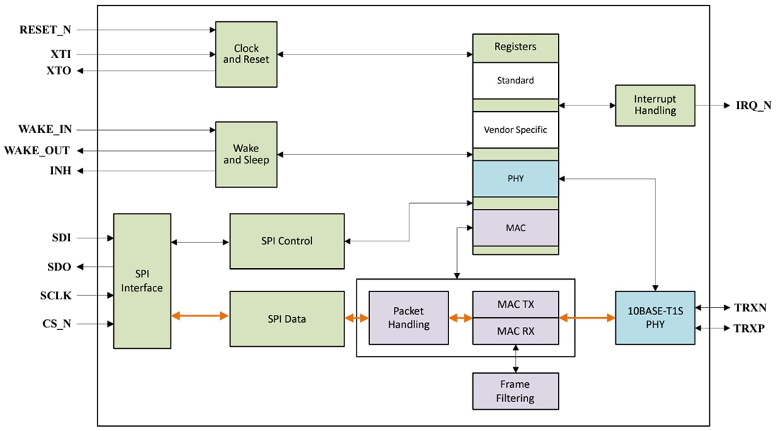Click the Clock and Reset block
(x=246, y=54)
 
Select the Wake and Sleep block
(x=246, y=154)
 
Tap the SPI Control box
(x=286, y=241)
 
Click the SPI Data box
(x=286, y=318)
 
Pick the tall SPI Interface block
(x=142, y=281)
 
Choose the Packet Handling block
(x=409, y=318)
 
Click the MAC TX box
(x=515, y=304)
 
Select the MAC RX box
(x=515, y=331)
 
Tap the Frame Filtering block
(x=515, y=391)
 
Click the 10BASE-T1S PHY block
(x=655, y=318)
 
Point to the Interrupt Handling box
(x=655, y=105)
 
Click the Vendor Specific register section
(x=515, y=130)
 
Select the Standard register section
(x=515, y=81)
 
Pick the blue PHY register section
(x=515, y=178)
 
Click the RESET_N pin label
(x=45, y=30)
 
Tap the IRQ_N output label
(x=753, y=105)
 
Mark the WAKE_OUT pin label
(x=37, y=151)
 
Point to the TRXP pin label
(x=750, y=329)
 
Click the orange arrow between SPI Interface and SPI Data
(x=200, y=316)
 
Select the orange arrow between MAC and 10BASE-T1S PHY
(x=587, y=318)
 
